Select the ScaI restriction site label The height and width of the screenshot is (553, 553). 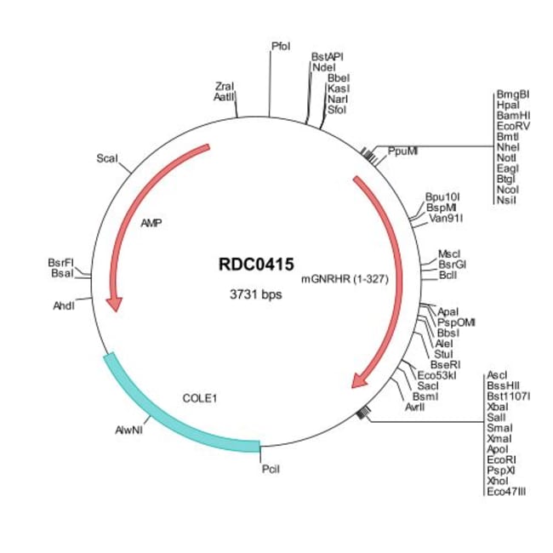click(107, 158)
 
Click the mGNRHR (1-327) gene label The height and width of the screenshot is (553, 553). click(345, 278)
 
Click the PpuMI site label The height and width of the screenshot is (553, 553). click(402, 151)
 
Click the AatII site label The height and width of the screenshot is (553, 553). click(225, 98)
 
